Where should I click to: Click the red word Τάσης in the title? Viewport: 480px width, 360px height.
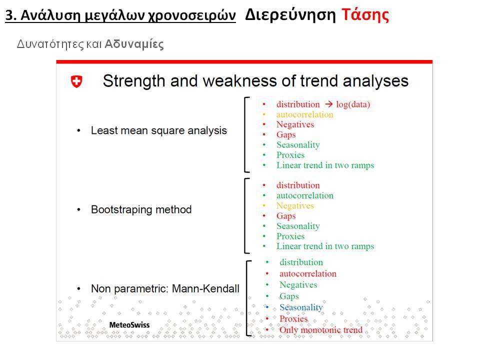365,15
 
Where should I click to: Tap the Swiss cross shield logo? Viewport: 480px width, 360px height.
76,81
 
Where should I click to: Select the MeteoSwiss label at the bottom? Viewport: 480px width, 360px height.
129,325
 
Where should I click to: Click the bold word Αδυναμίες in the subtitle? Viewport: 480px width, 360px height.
134,44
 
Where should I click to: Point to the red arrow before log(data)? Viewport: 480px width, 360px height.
329,104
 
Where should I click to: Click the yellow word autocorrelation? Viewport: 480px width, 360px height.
304,114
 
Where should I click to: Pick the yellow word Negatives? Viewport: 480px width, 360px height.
295,205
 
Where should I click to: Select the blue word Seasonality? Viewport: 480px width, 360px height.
301,307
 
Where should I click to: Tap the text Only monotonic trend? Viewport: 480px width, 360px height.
321,330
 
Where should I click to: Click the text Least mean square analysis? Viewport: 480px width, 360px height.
159,130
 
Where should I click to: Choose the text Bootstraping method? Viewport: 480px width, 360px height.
141,209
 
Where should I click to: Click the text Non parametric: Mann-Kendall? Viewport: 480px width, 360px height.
165,288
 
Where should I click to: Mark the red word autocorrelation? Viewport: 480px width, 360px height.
307,273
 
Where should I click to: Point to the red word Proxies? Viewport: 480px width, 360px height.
293,318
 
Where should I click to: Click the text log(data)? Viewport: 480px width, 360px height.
353,104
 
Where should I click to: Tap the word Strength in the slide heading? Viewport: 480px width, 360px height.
134,81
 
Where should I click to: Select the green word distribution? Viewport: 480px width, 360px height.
301,262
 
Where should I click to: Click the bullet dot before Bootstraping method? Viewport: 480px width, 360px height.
79,210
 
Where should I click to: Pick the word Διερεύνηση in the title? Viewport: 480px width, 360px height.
290,15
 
